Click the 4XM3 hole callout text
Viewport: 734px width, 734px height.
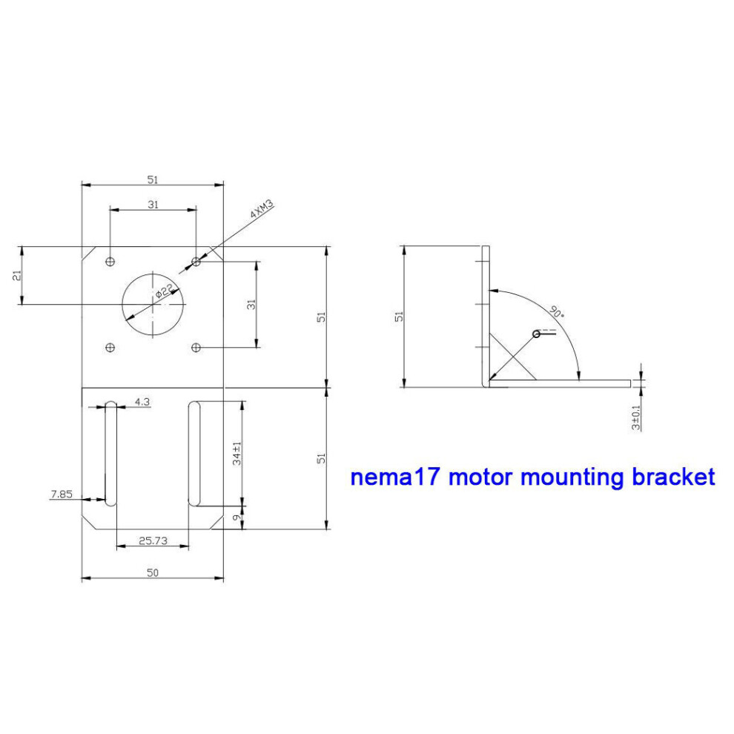coord(262,209)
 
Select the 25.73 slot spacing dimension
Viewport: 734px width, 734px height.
coord(153,540)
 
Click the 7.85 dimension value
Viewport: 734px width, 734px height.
coord(62,494)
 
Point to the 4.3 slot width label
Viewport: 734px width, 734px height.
coord(142,402)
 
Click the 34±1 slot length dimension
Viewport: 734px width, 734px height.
coord(237,453)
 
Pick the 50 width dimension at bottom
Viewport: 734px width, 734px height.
coord(153,572)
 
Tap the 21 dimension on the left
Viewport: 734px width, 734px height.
coord(17,275)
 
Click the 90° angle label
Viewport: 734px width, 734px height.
coord(557,311)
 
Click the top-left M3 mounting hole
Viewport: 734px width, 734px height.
coord(110,261)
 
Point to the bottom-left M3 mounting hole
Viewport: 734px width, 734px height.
coord(110,347)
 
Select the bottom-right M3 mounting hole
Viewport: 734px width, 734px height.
coord(196,347)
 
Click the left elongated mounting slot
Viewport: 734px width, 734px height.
coord(111,454)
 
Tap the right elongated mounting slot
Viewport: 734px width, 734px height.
coord(194,454)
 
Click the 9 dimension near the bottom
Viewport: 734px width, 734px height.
coord(237,518)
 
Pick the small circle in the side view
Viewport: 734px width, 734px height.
coord(537,334)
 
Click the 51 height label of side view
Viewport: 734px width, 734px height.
coord(400,317)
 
